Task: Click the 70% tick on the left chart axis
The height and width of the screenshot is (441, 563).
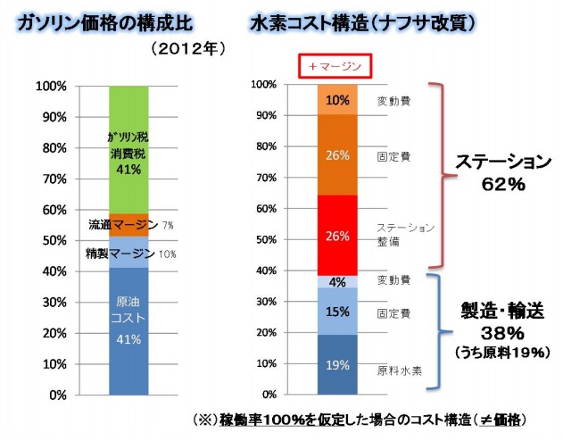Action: point(49,179)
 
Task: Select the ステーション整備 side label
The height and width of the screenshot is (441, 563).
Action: point(405,235)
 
